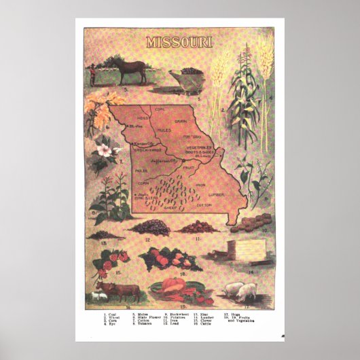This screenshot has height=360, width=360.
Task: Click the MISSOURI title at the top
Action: (179, 41)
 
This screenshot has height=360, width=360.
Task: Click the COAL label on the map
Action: (160, 109)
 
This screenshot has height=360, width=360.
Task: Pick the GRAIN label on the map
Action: (179, 120)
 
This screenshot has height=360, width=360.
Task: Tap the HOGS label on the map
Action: (143, 119)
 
